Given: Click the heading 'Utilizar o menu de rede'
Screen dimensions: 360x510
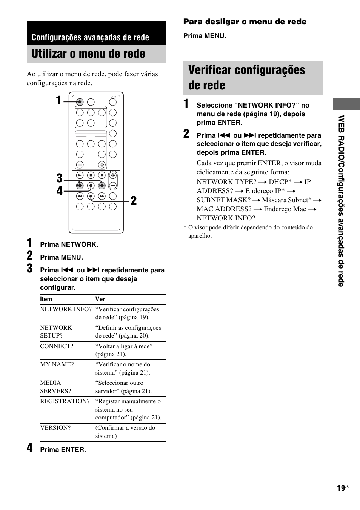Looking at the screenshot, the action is click(88, 54).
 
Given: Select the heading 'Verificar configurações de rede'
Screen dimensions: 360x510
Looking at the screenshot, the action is click(246, 77).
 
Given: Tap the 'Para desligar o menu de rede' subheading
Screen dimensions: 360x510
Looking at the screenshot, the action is click(245, 22).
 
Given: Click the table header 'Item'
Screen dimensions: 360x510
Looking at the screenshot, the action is click(46, 299).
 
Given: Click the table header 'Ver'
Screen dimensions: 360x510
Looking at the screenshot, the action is click(100, 299).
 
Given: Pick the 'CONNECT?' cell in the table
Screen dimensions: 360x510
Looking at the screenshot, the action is click(57, 346).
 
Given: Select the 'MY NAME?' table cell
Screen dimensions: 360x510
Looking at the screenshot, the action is click(57, 364).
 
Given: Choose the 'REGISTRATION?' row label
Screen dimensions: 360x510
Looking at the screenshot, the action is click(65, 401).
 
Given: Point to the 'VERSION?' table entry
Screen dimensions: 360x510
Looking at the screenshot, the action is click(55, 428).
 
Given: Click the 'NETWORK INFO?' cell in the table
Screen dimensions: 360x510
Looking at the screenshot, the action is click(66, 309).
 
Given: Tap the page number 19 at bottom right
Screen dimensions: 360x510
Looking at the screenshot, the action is click(341, 488).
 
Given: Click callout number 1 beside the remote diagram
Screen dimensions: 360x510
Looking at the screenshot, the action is click(58, 101).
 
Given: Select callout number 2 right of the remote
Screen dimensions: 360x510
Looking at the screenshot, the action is click(134, 201).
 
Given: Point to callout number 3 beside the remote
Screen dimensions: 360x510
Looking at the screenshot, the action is click(59, 178).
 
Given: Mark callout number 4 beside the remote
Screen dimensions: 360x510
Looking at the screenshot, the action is click(59, 191).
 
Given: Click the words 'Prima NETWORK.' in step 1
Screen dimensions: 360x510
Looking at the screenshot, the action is click(69, 244).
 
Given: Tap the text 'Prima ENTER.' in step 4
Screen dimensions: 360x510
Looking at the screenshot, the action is click(63, 450).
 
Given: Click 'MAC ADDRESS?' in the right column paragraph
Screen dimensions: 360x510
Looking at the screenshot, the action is click(224, 209).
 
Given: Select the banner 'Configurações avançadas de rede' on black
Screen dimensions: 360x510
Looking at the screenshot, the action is click(90, 37).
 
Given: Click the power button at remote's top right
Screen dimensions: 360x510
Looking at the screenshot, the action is click(113, 102).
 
